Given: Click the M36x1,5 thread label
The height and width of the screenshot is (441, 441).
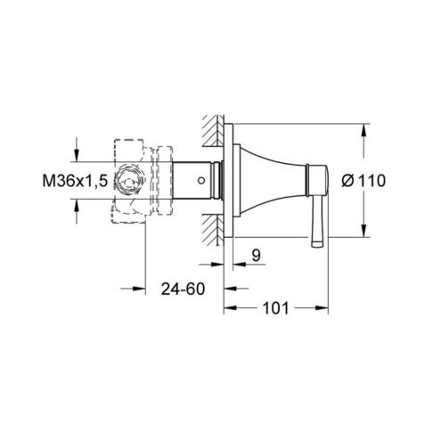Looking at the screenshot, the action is click(x=75, y=181).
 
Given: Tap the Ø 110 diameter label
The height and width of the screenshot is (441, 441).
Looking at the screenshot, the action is click(x=363, y=181).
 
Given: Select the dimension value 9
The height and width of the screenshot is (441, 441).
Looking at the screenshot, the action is click(x=256, y=255).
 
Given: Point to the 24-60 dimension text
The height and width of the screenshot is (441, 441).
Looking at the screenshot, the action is click(x=183, y=289).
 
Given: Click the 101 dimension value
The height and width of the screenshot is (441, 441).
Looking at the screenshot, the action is click(x=276, y=308).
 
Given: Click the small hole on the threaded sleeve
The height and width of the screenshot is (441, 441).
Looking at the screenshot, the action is click(x=201, y=180).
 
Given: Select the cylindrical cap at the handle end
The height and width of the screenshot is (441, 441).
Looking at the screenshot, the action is click(x=317, y=180).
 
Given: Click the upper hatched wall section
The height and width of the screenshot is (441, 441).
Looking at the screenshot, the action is click(x=213, y=130).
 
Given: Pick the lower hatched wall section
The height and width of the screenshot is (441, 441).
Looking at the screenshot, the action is click(x=213, y=230).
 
